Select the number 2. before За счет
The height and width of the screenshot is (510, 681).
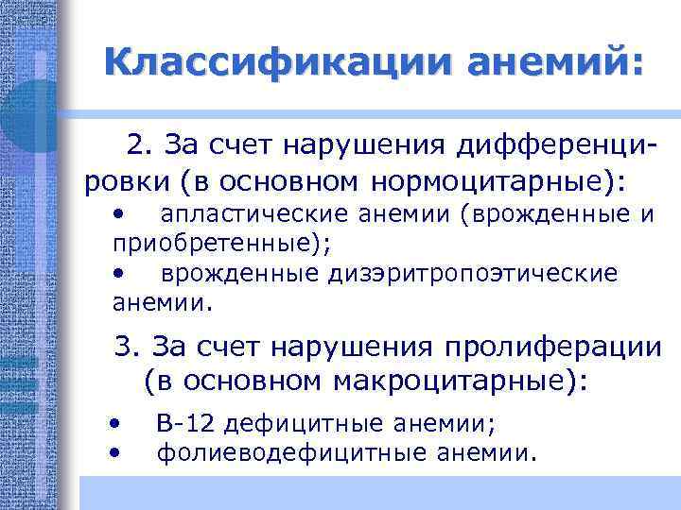click(140, 146)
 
